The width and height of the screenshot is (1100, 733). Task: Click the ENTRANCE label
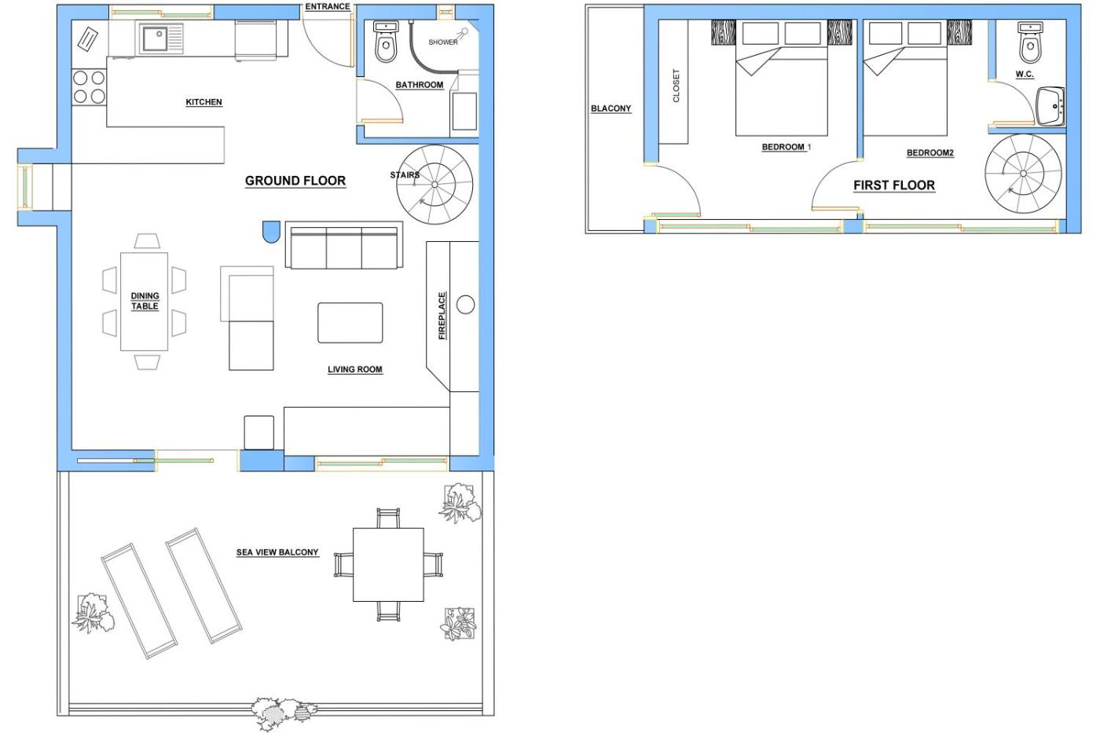328,6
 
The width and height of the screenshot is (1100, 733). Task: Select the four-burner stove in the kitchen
89,87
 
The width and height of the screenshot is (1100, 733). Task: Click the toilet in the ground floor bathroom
386,42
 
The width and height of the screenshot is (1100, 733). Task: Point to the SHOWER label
443,42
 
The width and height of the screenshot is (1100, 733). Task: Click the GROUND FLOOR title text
295,181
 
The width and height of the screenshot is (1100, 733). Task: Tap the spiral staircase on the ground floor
434,185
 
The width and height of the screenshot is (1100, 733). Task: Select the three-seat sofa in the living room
344,245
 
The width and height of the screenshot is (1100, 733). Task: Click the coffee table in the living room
350,323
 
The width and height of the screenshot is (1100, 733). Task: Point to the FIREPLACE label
442,316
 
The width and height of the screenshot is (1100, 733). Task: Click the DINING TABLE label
145,301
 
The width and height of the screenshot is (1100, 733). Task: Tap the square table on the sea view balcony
388,565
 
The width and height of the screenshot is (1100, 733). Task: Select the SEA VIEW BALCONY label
277,552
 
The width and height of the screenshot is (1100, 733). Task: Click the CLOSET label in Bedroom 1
676,86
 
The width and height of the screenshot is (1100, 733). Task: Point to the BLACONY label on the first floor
611,108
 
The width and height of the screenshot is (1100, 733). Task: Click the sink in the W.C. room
1050,107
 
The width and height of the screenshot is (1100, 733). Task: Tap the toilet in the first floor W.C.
1030,43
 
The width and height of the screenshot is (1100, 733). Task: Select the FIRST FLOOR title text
894,185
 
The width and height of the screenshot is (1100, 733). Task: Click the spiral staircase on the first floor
1023,173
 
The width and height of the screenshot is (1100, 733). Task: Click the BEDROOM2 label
930,152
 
